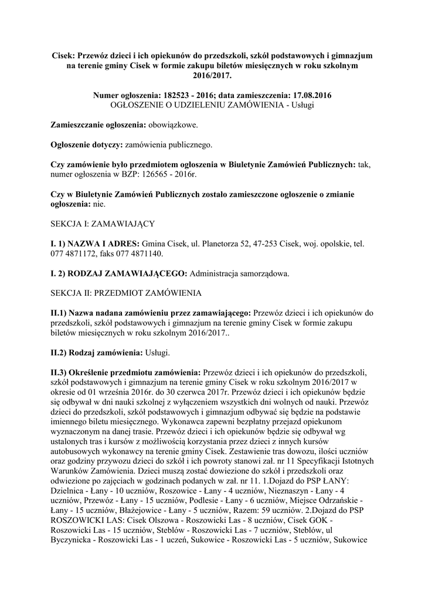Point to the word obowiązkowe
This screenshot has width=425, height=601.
[173, 125]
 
